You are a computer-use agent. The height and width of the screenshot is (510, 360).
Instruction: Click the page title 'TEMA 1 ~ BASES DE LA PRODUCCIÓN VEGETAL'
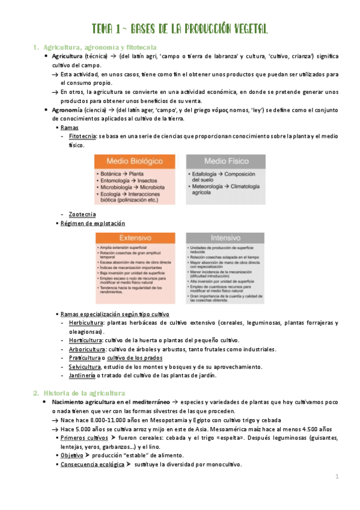point(180,29)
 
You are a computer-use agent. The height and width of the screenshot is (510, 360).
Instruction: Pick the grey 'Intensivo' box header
point(225,238)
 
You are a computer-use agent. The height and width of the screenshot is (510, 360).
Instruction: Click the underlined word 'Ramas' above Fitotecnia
point(69,128)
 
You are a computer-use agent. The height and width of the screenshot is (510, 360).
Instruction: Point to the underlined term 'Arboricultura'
point(87,349)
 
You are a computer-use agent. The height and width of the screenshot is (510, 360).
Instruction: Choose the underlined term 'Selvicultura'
point(85,367)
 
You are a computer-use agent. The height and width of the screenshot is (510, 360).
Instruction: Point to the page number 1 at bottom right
point(337,477)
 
